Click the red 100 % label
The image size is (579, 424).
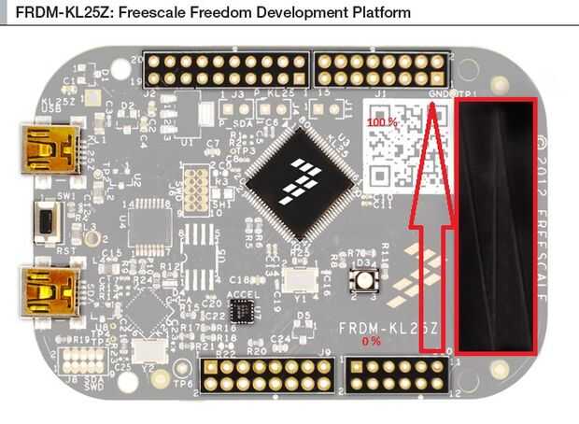[382, 122]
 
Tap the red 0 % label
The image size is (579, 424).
[372, 342]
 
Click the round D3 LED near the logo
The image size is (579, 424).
[359, 280]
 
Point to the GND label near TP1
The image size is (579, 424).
[435, 95]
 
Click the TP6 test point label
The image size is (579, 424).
[184, 383]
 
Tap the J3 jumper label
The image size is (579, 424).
[238, 94]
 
